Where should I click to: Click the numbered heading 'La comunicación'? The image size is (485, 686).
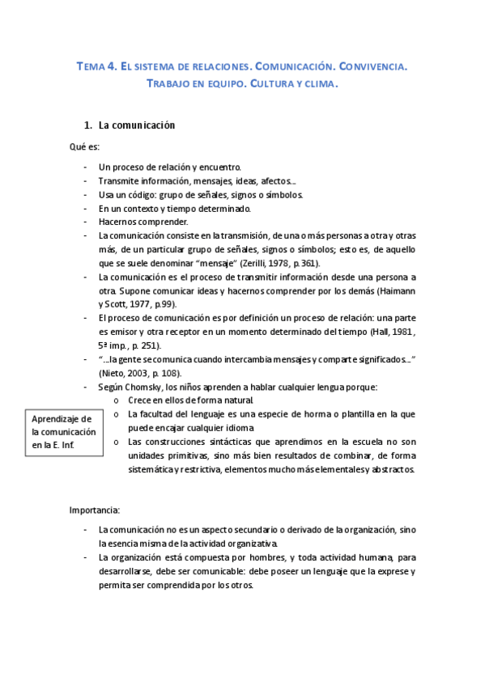[137, 126]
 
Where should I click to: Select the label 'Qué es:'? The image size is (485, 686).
[84, 146]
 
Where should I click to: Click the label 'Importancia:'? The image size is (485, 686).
[95, 510]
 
